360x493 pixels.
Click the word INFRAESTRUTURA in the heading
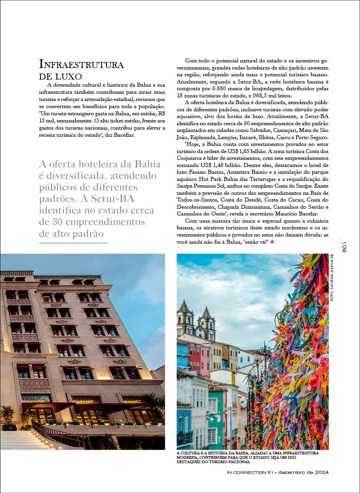[81, 64]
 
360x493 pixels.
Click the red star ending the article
[272, 242]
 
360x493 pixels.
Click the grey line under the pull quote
[74, 243]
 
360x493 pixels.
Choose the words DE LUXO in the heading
[61, 76]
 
